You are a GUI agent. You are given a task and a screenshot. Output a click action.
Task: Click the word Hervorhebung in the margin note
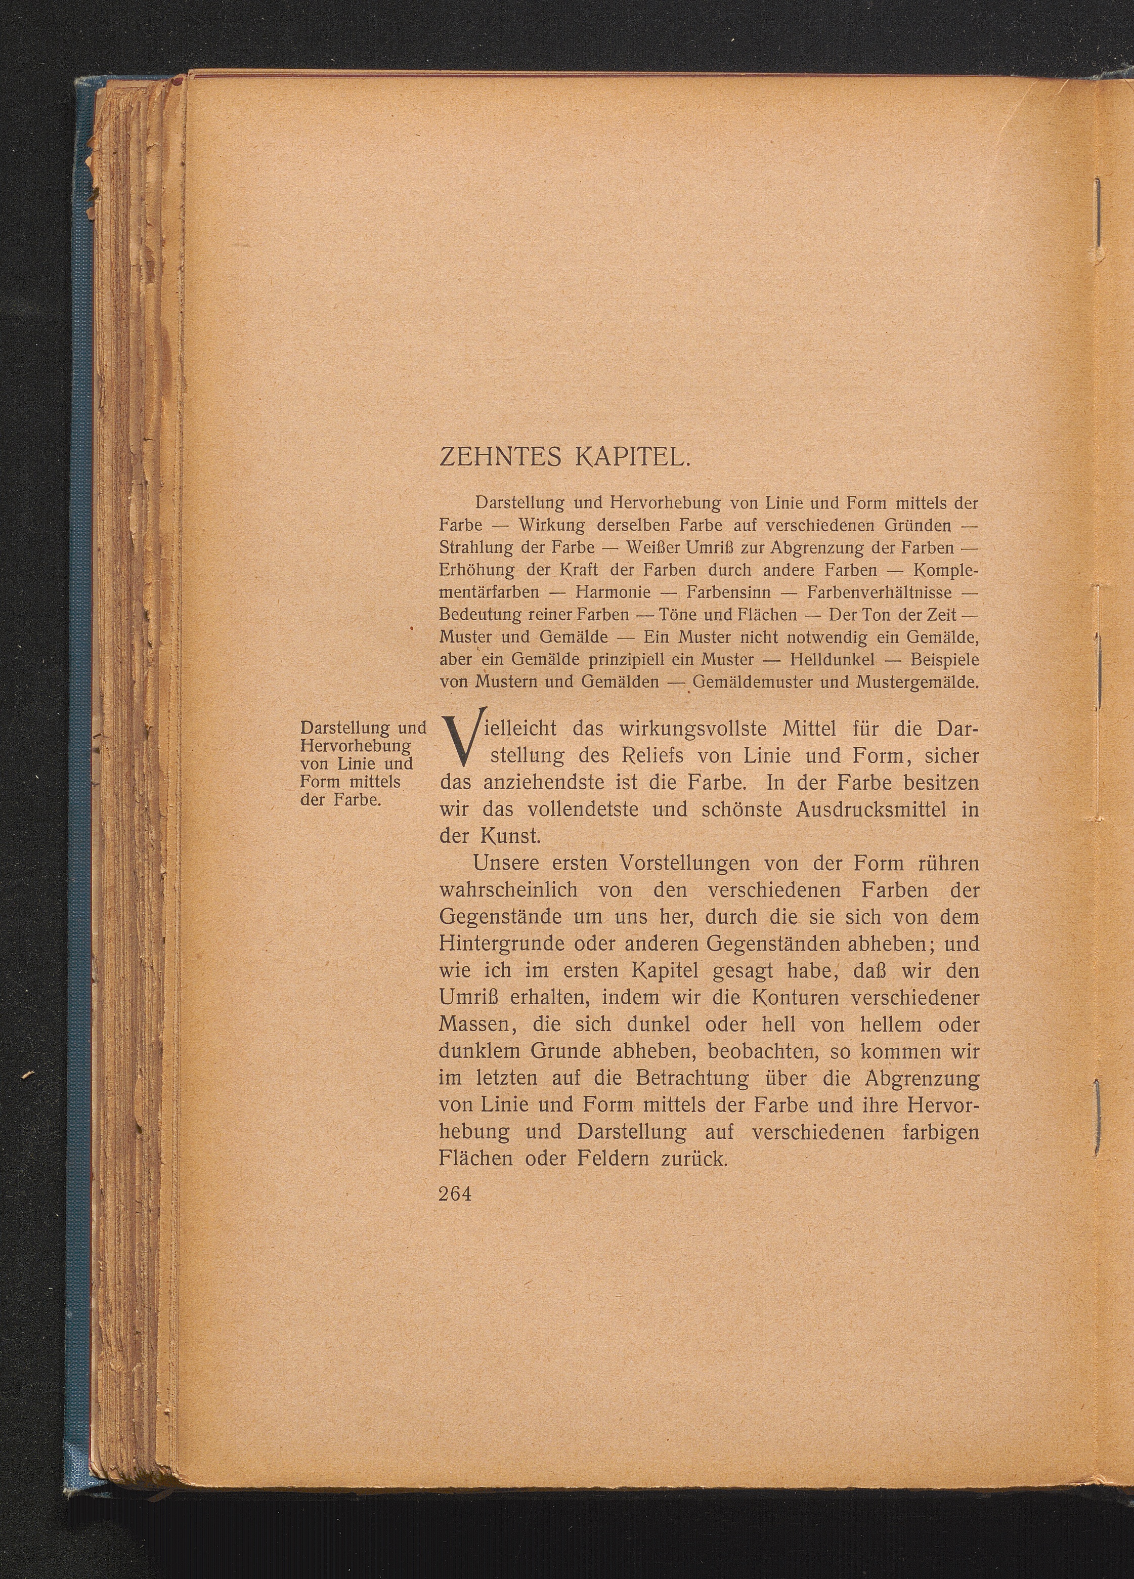coord(355,746)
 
